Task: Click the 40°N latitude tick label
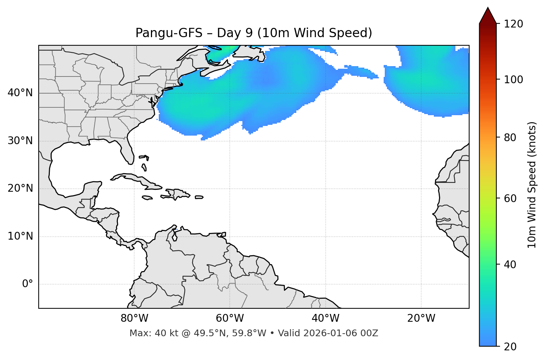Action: coord(20,93)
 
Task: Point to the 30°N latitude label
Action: coord(20,141)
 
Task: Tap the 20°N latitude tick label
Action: coord(20,188)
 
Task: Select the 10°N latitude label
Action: coord(20,236)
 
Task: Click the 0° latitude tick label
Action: coord(28,284)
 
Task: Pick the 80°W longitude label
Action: coord(134,318)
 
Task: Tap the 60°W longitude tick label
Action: coord(230,318)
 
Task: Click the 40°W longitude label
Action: coord(325,318)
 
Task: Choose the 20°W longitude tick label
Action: coord(421,318)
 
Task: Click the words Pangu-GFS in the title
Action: coord(169,33)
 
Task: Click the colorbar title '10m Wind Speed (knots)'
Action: coord(532,185)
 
